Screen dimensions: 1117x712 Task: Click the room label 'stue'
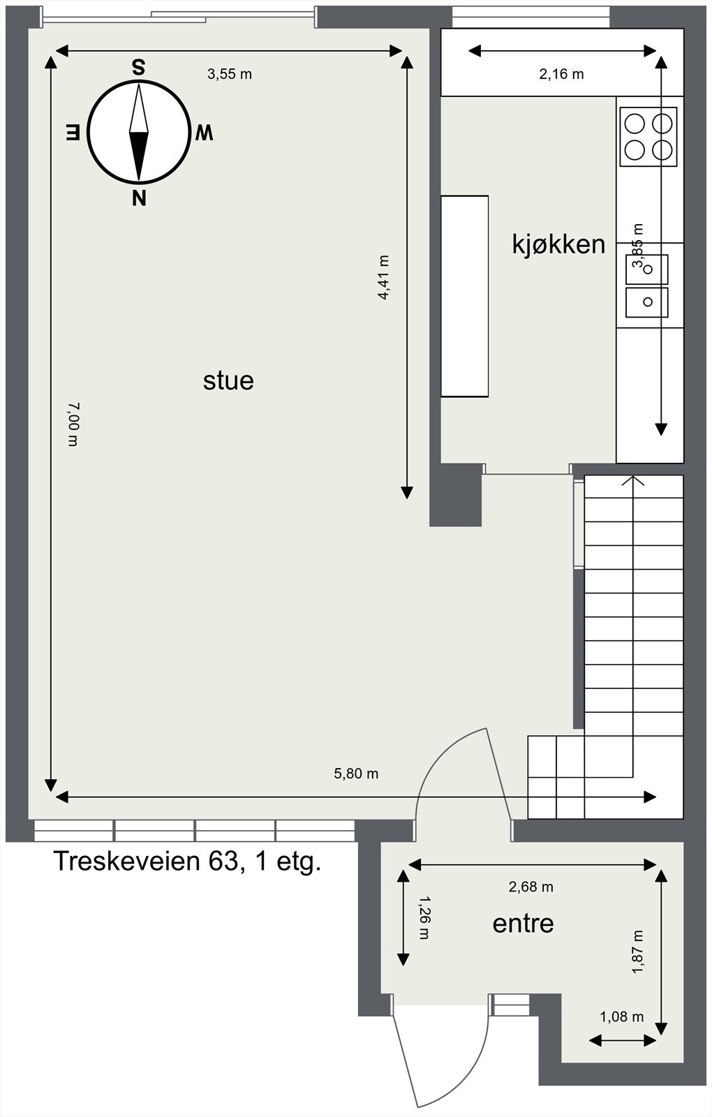tap(228, 380)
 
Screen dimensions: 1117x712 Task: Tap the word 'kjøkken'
tap(558, 244)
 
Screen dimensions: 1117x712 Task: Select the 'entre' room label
tap(523, 924)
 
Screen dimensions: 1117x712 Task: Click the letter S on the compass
tap(139, 68)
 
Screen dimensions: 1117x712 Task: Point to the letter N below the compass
tap(139, 199)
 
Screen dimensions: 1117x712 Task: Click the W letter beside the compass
tap(203, 133)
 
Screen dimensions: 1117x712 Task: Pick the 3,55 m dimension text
tap(229, 74)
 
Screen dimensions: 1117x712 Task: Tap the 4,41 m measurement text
tap(383, 277)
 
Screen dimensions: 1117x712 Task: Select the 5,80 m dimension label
tap(356, 774)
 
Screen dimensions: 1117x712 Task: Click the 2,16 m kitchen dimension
tap(561, 74)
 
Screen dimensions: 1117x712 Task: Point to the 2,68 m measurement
tap(531, 887)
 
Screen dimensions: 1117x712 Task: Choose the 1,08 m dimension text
tap(621, 1017)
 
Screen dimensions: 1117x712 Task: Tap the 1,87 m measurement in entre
tap(637, 952)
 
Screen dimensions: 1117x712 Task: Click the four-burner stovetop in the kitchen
tap(648, 136)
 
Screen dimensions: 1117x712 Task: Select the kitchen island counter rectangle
tap(464, 296)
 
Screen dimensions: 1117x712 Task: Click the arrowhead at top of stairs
tap(633, 480)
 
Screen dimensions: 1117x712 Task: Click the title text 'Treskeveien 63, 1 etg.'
tap(187, 861)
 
